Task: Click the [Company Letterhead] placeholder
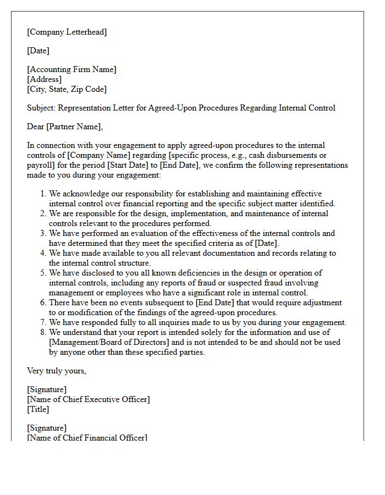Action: [67, 32]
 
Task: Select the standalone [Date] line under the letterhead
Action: [38, 51]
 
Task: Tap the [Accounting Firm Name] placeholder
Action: [72, 69]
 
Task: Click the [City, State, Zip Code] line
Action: [67, 89]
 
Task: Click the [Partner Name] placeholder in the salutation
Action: [74, 127]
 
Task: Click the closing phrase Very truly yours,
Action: [57, 371]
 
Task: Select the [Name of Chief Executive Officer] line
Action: [89, 399]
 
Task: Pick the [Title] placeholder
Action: [38, 409]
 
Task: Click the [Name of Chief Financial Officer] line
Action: [87, 438]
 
